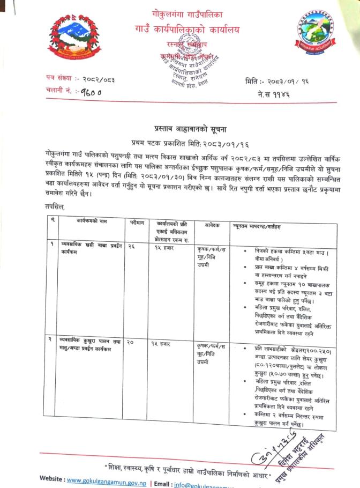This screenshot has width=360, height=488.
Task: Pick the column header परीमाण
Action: point(138,220)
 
